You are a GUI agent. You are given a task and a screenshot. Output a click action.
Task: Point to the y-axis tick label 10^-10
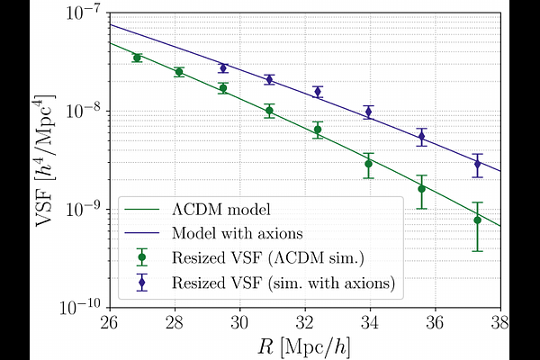coord(83,306)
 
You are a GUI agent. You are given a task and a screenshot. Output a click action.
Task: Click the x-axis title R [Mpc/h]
coord(304,345)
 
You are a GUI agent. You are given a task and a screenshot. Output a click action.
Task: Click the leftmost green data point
coord(138,58)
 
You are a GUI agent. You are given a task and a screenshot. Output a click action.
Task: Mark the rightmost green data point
coord(478,220)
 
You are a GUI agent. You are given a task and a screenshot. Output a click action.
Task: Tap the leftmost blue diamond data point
coord(223,68)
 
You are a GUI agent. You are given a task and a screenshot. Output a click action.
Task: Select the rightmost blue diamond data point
coord(478,164)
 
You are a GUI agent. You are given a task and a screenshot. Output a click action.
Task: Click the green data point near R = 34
coord(369,164)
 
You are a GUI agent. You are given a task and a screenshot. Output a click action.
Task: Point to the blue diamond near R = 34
coord(369,112)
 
